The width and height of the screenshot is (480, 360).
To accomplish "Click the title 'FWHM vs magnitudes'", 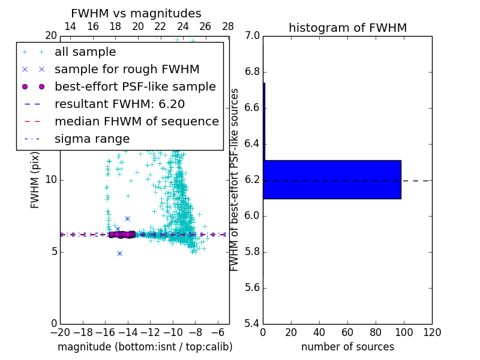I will (x=136, y=13).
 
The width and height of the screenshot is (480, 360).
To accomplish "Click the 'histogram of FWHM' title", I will (x=347, y=28).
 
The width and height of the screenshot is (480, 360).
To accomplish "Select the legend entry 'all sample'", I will (x=85, y=52).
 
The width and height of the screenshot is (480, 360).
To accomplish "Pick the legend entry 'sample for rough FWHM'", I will (x=127, y=69).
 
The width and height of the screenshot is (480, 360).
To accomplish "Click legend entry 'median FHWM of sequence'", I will (x=136, y=121).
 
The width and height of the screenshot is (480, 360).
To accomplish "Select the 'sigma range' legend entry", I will (x=92, y=139).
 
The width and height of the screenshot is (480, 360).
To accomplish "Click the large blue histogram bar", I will (x=332, y=179).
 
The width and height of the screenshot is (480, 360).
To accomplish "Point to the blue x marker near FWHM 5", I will (x=119, y=253).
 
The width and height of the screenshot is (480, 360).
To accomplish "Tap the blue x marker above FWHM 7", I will (x=127, y=218).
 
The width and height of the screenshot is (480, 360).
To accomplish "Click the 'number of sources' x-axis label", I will (x=347, y=347).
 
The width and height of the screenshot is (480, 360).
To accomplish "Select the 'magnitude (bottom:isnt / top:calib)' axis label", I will (x=145, y=347).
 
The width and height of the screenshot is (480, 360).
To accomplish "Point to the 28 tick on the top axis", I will (x=228, y=26).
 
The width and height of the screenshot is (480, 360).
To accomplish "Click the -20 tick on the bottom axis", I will (x=60, y=332).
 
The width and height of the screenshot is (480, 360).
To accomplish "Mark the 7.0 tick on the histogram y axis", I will (x=253, y=36).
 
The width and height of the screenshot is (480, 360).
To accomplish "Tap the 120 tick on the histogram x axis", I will (x=431, y=332).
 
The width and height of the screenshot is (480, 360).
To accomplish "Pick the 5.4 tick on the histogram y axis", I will (x=253, y=323).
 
